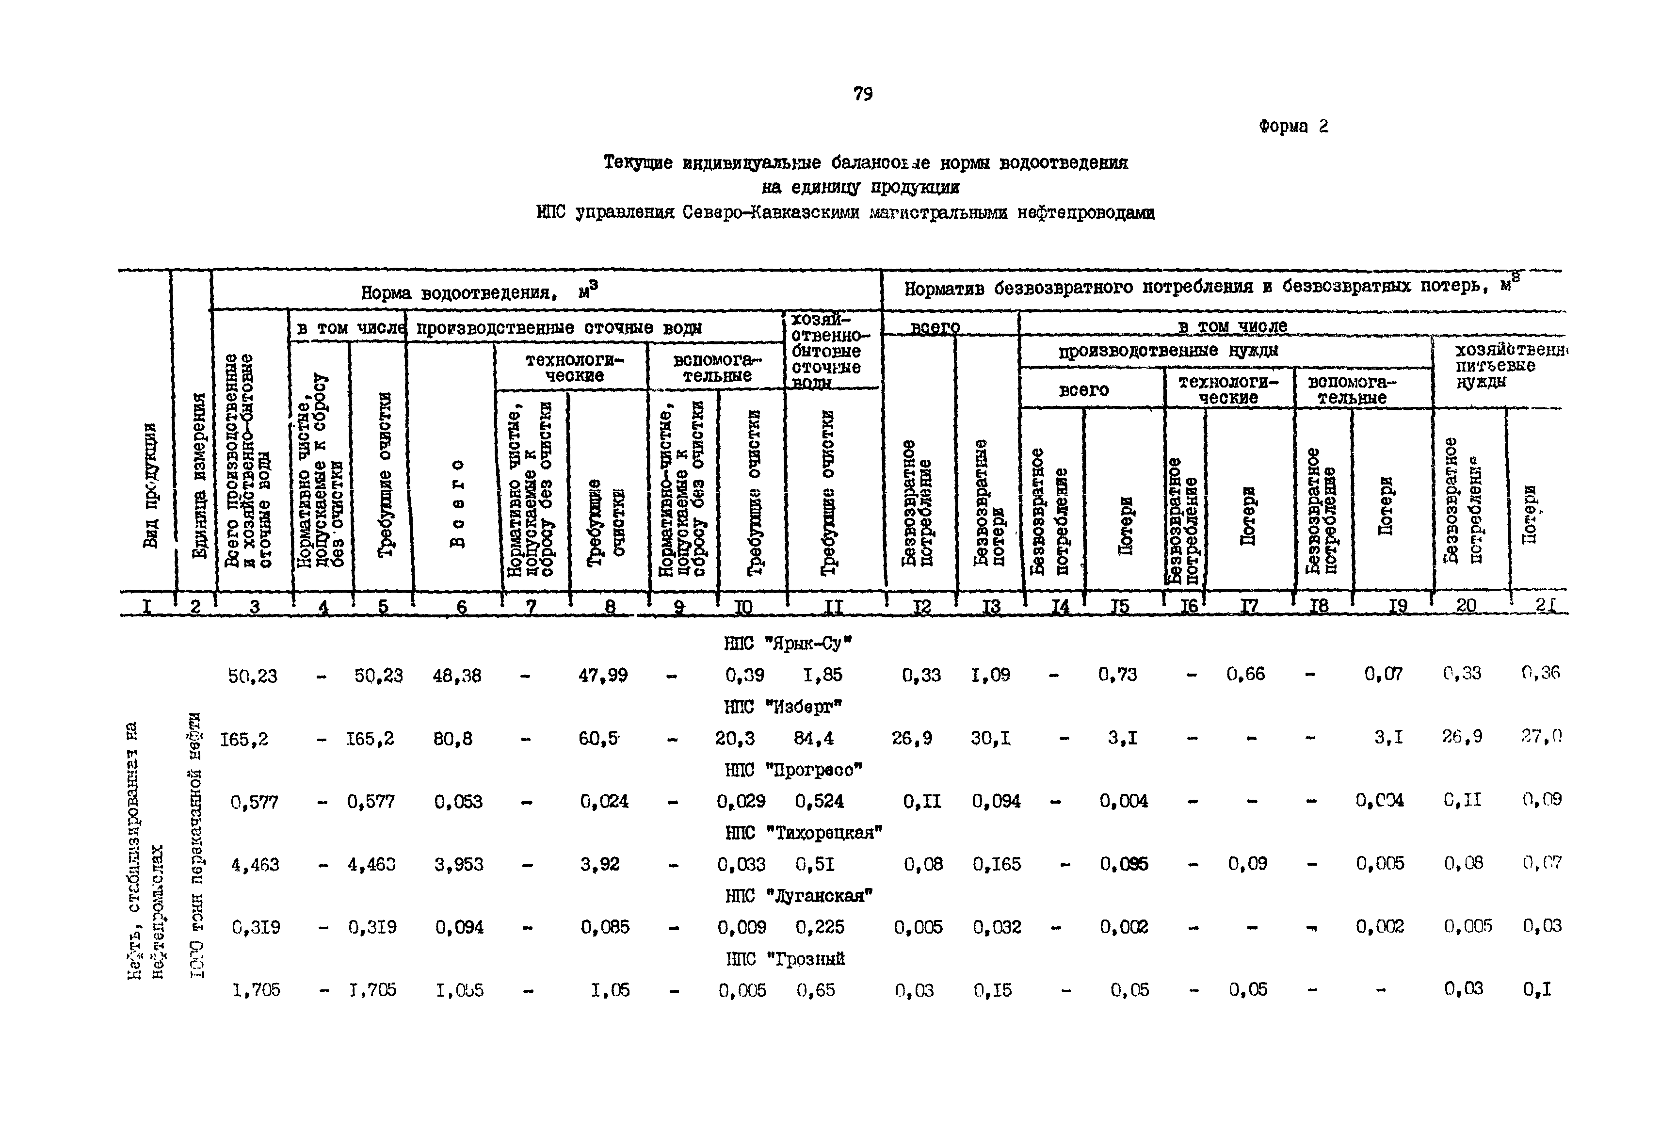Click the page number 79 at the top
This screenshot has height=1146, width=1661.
click(863, 94)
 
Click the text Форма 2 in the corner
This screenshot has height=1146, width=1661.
click(1293, 127)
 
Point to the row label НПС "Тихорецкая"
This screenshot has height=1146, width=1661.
click(803, 833)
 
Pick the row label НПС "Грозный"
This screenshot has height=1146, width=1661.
click(785, 959)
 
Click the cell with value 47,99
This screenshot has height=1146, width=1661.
click(603, 676)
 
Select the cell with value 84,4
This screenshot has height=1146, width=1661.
click(813, 738)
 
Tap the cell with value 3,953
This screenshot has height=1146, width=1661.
click(459, 865)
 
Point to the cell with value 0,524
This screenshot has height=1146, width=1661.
click(819, 801)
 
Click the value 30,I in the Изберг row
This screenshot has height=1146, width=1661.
click(991, 738)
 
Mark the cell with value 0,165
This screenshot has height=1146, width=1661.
click(996, 865)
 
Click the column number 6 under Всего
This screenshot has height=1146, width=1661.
click(462, 608)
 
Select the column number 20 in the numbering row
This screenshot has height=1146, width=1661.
click(1466, 606)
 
